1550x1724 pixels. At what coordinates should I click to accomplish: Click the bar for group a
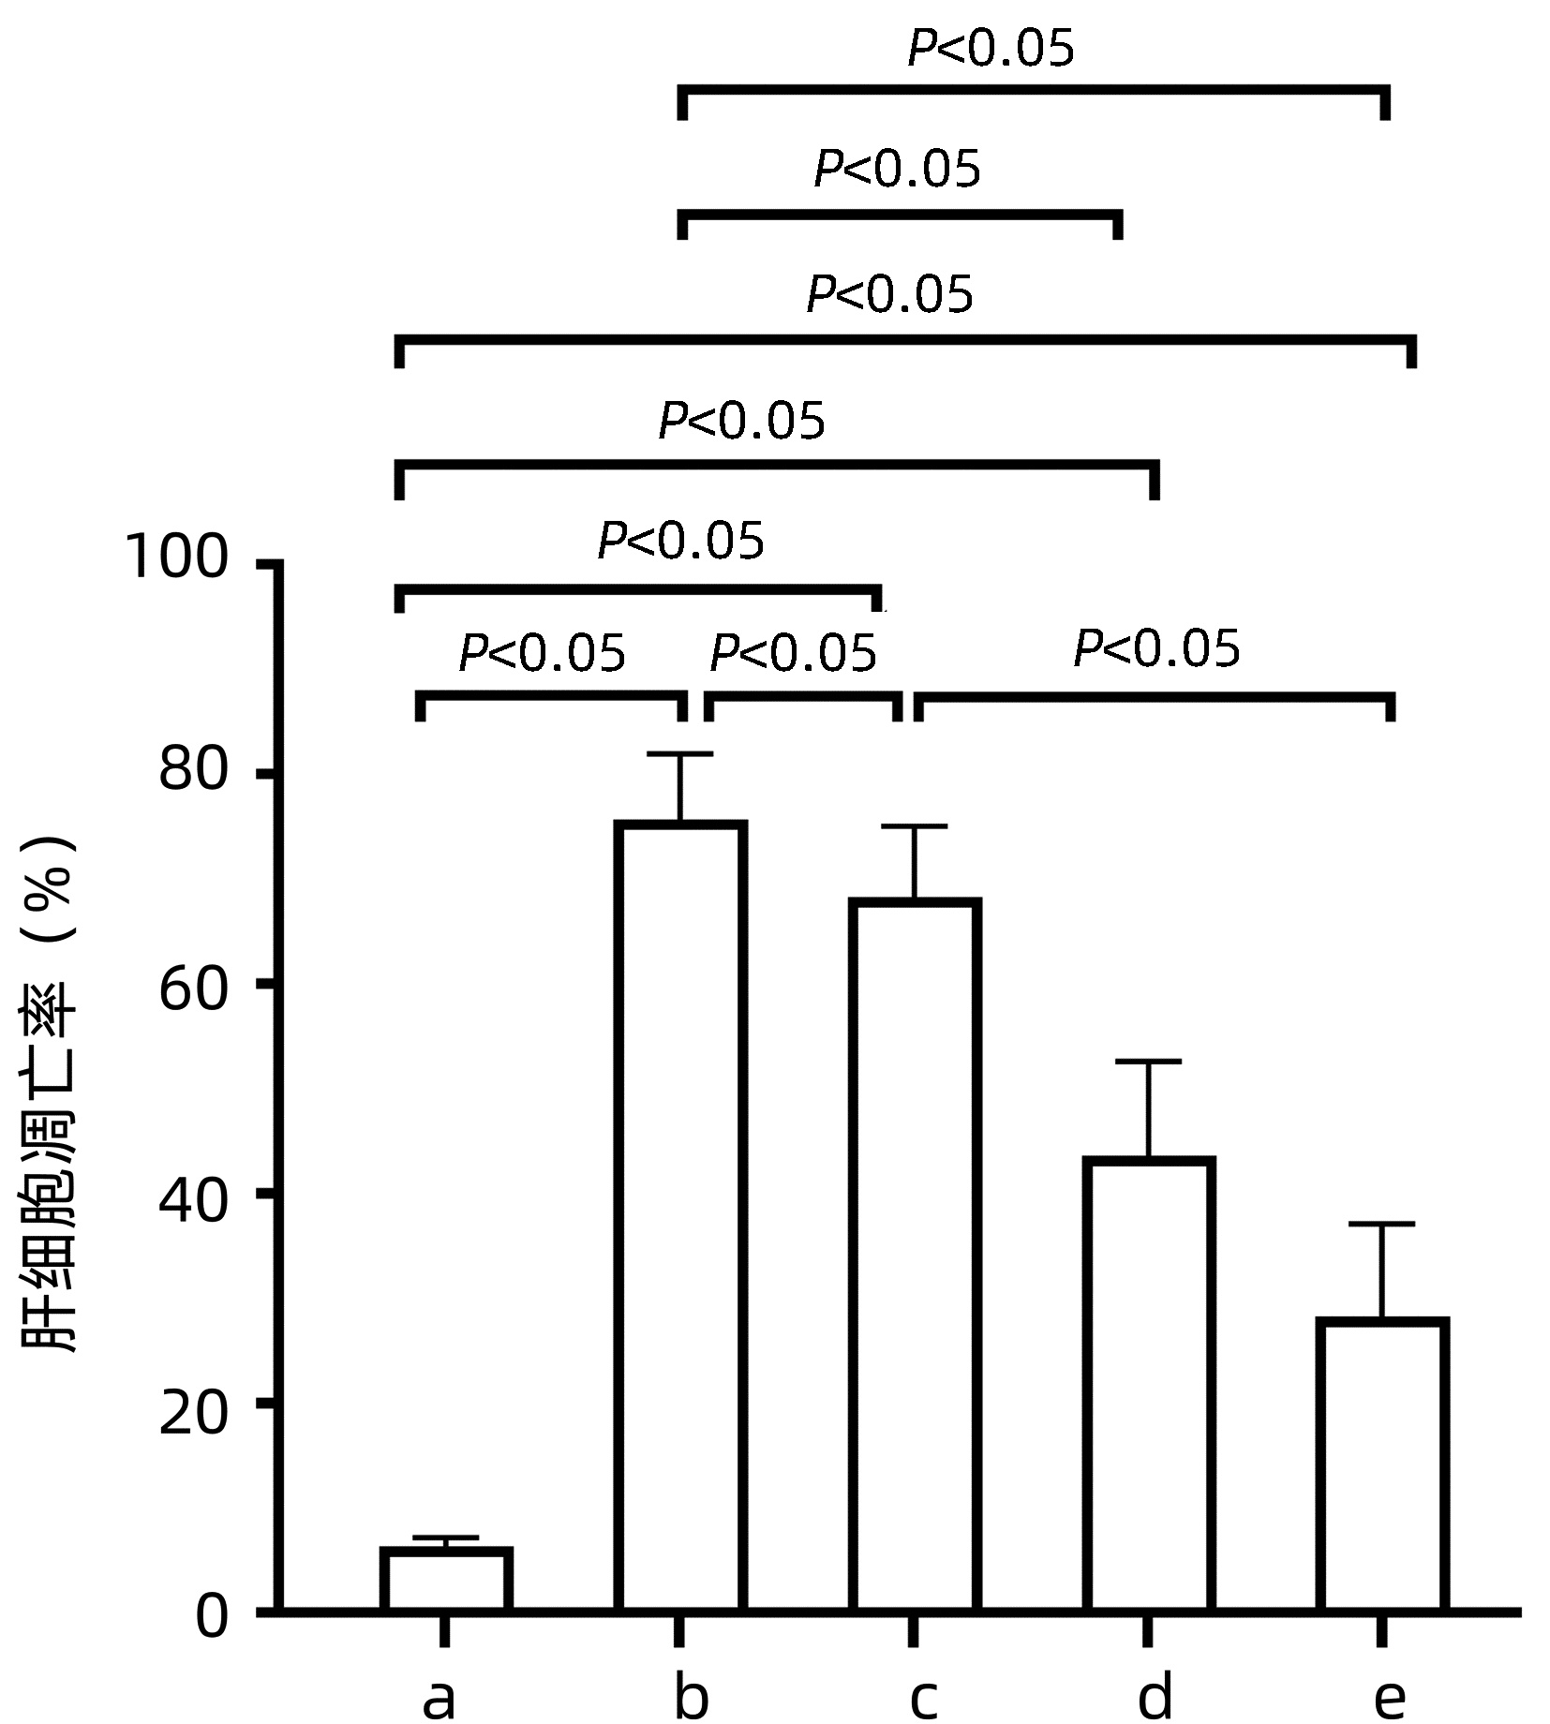tap(446, 1581)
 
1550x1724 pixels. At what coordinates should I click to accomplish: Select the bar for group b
tap(680, 1218)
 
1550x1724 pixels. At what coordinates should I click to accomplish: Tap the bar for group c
tap(915, 1256)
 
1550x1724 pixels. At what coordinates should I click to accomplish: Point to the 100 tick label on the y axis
tap(175, 559)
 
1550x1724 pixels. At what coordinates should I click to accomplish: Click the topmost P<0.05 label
tap(991, 49)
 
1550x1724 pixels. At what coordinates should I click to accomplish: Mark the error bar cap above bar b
tap(680, 753)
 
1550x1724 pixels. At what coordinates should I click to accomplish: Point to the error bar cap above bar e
tap(1382, 1224)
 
